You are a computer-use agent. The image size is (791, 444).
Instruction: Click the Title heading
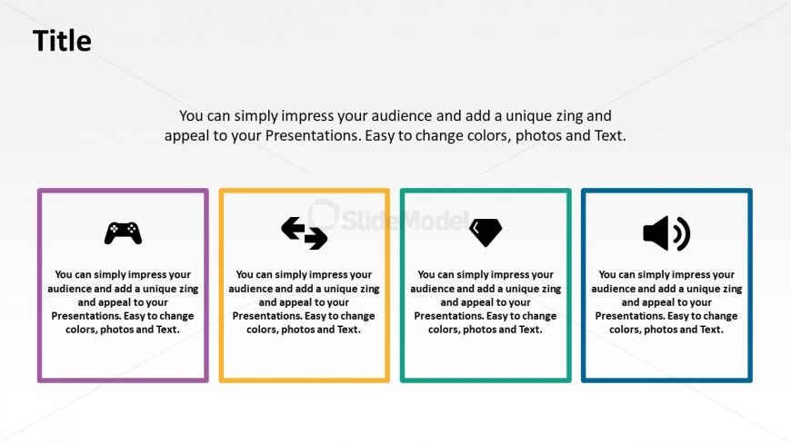coord(62,41)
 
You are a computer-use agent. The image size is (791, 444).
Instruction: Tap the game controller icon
coord(123,232)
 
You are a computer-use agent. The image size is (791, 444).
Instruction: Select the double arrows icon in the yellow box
coord(305,232)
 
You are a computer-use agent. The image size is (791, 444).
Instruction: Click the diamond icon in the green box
coord(486,232)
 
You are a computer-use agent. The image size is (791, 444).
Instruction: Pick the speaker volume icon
coord(666,233)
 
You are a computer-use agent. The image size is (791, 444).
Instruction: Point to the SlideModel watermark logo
coord(389,217)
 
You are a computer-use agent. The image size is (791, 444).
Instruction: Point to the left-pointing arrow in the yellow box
coord(294,228)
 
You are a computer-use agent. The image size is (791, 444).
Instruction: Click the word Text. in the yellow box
coord(348,330)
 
